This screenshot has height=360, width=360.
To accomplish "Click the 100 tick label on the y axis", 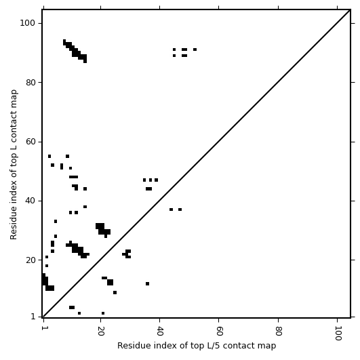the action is pos(27,23).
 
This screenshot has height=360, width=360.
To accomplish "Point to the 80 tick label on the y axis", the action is pos(31,82).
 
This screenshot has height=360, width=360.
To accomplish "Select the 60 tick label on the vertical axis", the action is pos(31,142).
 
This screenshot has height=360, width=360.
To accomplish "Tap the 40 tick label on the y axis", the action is pos(31,201).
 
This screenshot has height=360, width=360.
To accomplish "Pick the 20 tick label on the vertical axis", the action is pos(31,260).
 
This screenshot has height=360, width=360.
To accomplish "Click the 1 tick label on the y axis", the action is pos(33,317).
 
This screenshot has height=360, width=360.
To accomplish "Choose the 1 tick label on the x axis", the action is pos(43,328).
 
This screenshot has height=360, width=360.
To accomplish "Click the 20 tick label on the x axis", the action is pos(101,331).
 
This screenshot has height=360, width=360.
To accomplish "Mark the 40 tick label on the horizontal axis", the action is pos(160,331).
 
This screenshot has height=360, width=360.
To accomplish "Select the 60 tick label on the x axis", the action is pos(219,331).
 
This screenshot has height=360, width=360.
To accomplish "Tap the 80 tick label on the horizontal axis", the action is pos(279,331).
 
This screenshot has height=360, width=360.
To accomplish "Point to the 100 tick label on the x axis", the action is pos(338,333).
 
